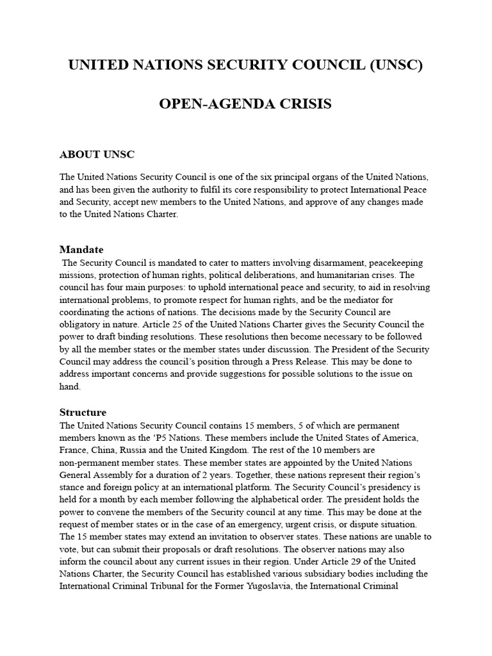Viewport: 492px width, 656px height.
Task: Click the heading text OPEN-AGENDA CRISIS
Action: coord(245,104)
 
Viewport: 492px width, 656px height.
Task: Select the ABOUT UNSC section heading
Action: coord(97,154)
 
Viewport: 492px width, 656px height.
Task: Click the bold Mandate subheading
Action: coord(81,249)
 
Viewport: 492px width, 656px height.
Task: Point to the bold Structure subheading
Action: coord(83,412)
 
